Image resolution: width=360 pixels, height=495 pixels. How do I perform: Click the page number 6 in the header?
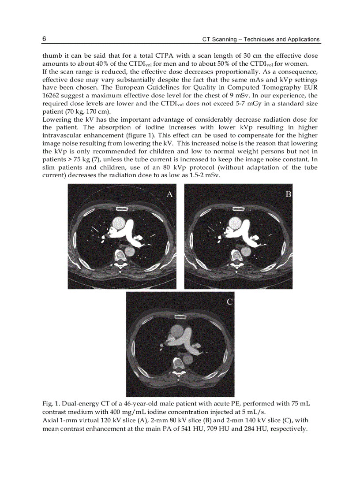[x=45, y=39]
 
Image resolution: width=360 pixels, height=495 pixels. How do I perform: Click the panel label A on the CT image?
[x=169, y=194]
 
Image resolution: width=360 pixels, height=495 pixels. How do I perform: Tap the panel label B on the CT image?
[x=288, y=194]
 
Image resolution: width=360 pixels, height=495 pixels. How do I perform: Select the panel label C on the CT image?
[x=229, y=302]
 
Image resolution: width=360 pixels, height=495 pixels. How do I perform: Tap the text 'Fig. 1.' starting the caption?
[x=51, y=404]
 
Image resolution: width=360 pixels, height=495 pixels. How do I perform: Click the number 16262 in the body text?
[x=51, y=95]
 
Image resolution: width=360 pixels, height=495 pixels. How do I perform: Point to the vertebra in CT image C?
[x=179, y=364]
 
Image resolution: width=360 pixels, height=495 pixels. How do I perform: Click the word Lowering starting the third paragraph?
[x=55, y=120]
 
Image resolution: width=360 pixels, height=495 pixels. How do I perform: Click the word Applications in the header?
[x=302, y=39]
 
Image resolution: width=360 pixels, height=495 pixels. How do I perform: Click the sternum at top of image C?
[x=180, y=317]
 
